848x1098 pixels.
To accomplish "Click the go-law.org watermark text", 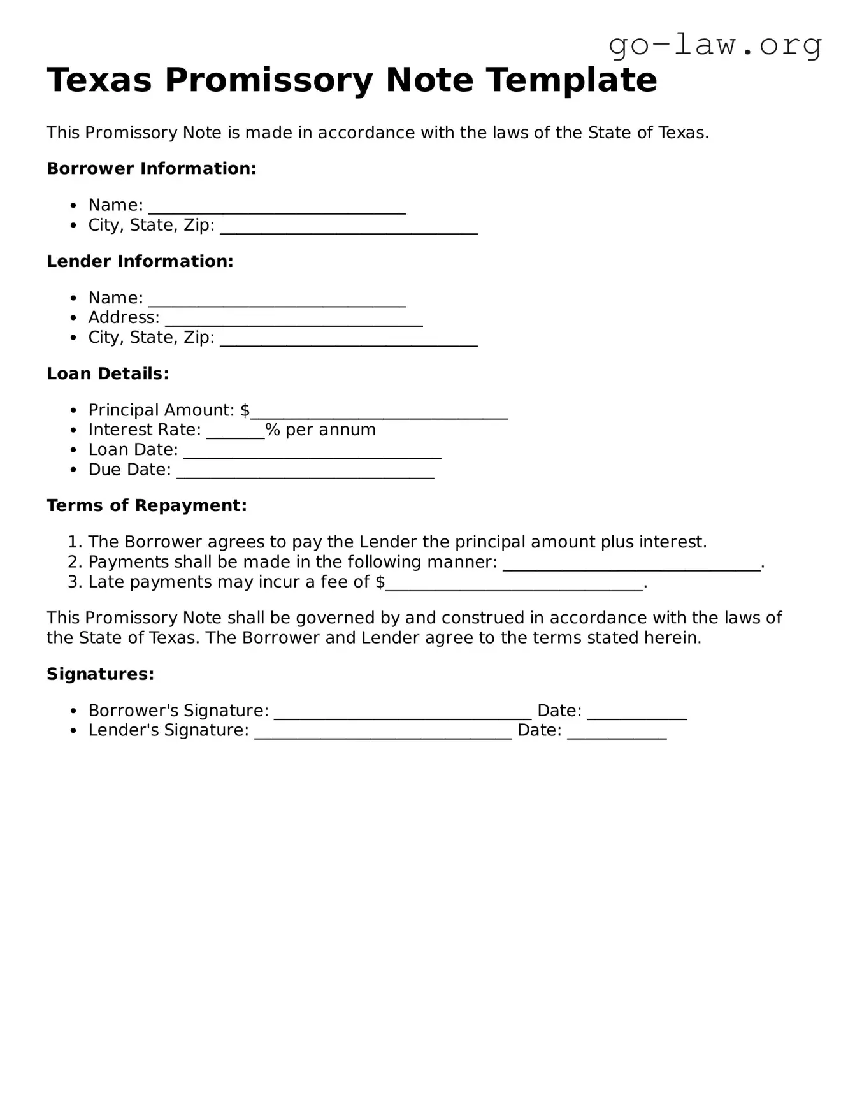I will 715,45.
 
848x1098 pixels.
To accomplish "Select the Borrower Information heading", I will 151,169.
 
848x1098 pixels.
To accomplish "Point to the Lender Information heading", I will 140,262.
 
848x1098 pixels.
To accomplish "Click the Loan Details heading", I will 108,374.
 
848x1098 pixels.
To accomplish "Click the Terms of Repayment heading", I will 147,506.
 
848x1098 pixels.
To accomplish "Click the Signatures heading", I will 100,674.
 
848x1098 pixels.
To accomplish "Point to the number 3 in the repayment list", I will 73,582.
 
